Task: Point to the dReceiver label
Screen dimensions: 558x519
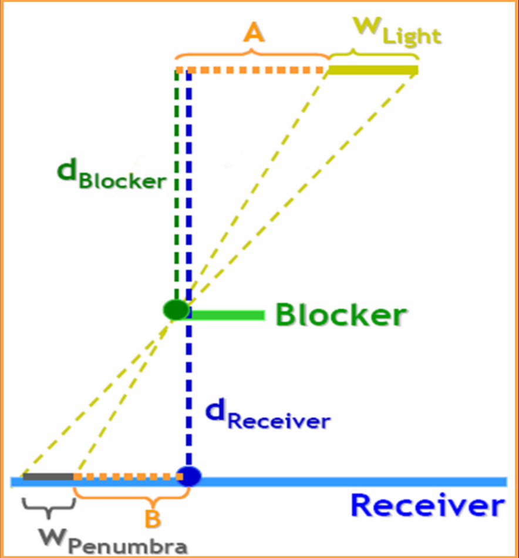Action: pyautogui.click(x=268, y=415)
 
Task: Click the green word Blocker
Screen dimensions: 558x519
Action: pyautogui.click(x=341, y=315)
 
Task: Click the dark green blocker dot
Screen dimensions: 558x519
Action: pyautogui.click(x=176, y=310)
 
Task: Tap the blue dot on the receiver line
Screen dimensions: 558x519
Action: pyautogui.click(x=189, y=475)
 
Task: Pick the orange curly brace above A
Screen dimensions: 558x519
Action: pyautogui.click(x=252, y=53)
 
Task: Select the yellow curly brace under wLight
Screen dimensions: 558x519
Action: pyautogui.click(x=373, y=54)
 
